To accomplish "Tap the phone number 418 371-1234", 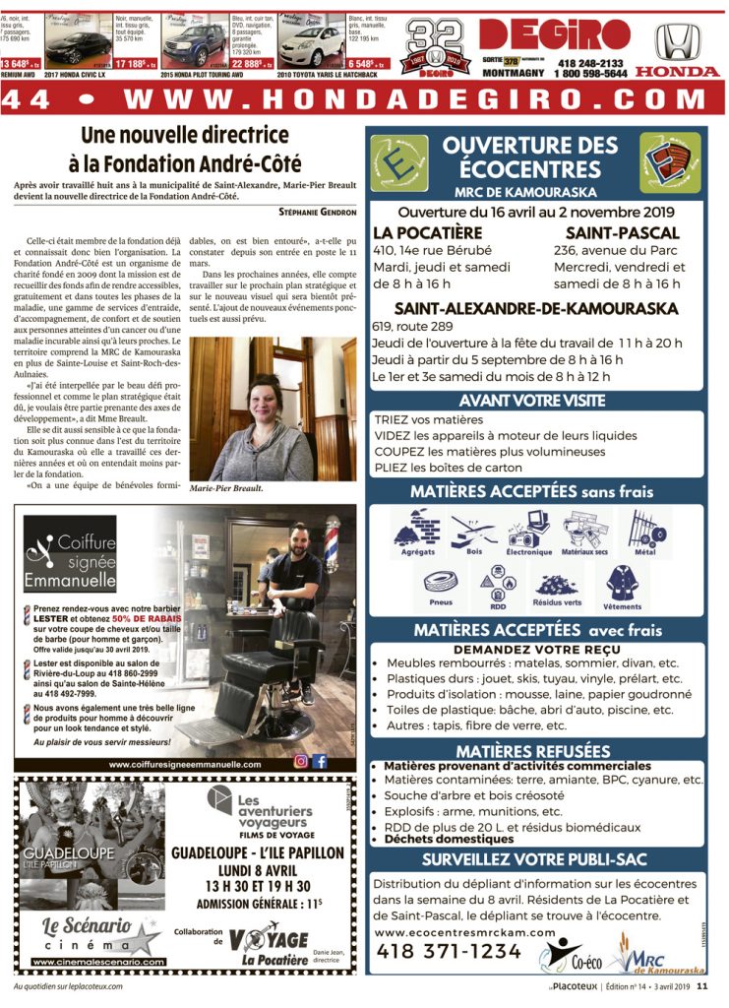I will [x=450, y=951].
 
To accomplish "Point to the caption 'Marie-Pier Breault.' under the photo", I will [x=227, y=487].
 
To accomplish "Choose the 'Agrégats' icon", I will [x=417, y=532].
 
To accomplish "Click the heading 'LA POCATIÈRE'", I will [x=427, y=232].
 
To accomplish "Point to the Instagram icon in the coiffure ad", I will [x=301, y=760].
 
